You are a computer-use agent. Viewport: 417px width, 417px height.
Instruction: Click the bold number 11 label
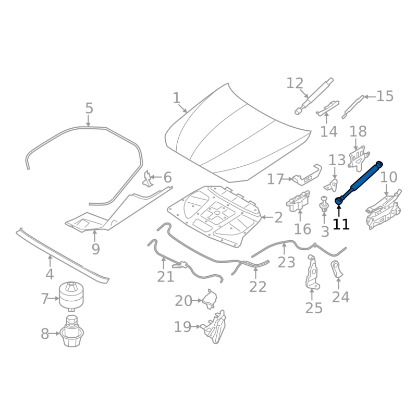341,224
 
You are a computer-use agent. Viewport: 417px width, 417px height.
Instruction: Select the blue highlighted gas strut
359,183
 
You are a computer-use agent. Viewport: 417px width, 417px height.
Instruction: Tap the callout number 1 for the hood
177,98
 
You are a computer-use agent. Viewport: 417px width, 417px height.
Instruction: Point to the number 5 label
89,108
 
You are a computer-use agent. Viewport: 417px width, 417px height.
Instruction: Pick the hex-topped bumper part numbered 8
71,330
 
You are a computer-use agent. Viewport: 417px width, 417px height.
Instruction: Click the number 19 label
182,327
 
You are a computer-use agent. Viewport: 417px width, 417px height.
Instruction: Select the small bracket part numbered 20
210,299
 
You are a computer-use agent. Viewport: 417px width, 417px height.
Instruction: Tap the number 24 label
341,297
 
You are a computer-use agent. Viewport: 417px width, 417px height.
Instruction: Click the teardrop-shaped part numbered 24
336,268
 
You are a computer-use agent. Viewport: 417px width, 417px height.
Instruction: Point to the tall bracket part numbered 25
312,272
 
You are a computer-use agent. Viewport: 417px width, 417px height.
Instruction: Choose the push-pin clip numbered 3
324,204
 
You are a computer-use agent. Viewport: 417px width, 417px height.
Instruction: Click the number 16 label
303,229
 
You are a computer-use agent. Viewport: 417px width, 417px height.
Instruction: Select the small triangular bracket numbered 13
332,185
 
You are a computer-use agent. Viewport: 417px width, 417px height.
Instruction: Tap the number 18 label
358,131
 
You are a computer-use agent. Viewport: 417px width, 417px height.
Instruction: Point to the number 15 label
385,96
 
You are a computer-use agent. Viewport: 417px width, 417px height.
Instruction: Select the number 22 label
257,287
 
